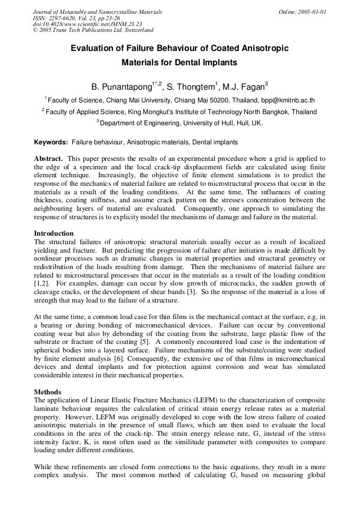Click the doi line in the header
[87, 24]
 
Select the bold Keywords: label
[51, 142]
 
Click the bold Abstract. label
[49, 159]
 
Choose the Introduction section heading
[54, 233]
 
